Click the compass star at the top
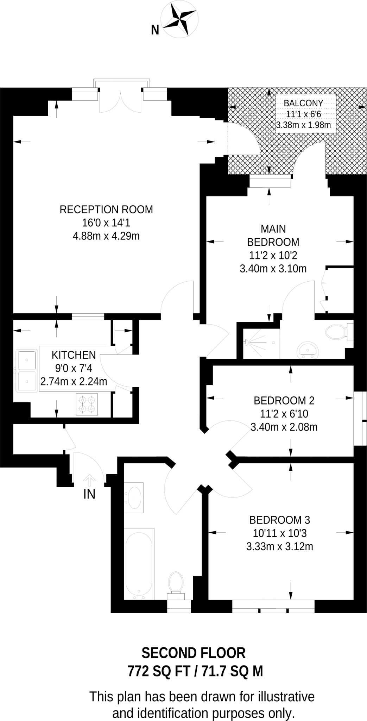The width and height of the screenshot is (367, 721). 179,19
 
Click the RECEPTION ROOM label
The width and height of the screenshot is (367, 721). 106,209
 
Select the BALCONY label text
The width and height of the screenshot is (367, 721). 303,103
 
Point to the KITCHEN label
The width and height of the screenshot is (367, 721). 74,355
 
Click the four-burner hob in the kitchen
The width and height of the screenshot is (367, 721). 87,404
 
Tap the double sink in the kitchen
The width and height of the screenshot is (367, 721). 26,370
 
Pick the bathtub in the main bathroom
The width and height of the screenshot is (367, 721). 139,564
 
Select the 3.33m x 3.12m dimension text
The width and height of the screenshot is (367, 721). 280,546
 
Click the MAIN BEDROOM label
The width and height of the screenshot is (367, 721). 273,236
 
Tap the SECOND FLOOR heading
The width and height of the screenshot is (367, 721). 193,653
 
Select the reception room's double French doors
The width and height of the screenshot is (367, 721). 121,102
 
